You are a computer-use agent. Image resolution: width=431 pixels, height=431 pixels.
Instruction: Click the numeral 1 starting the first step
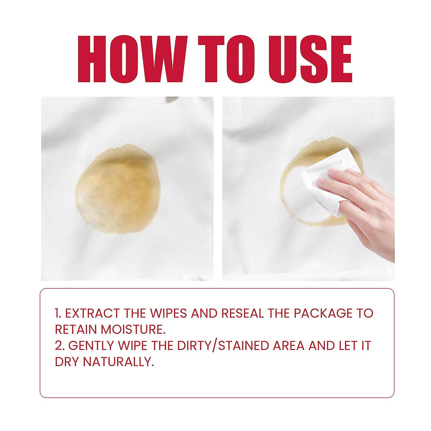click(x=57, y=313)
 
